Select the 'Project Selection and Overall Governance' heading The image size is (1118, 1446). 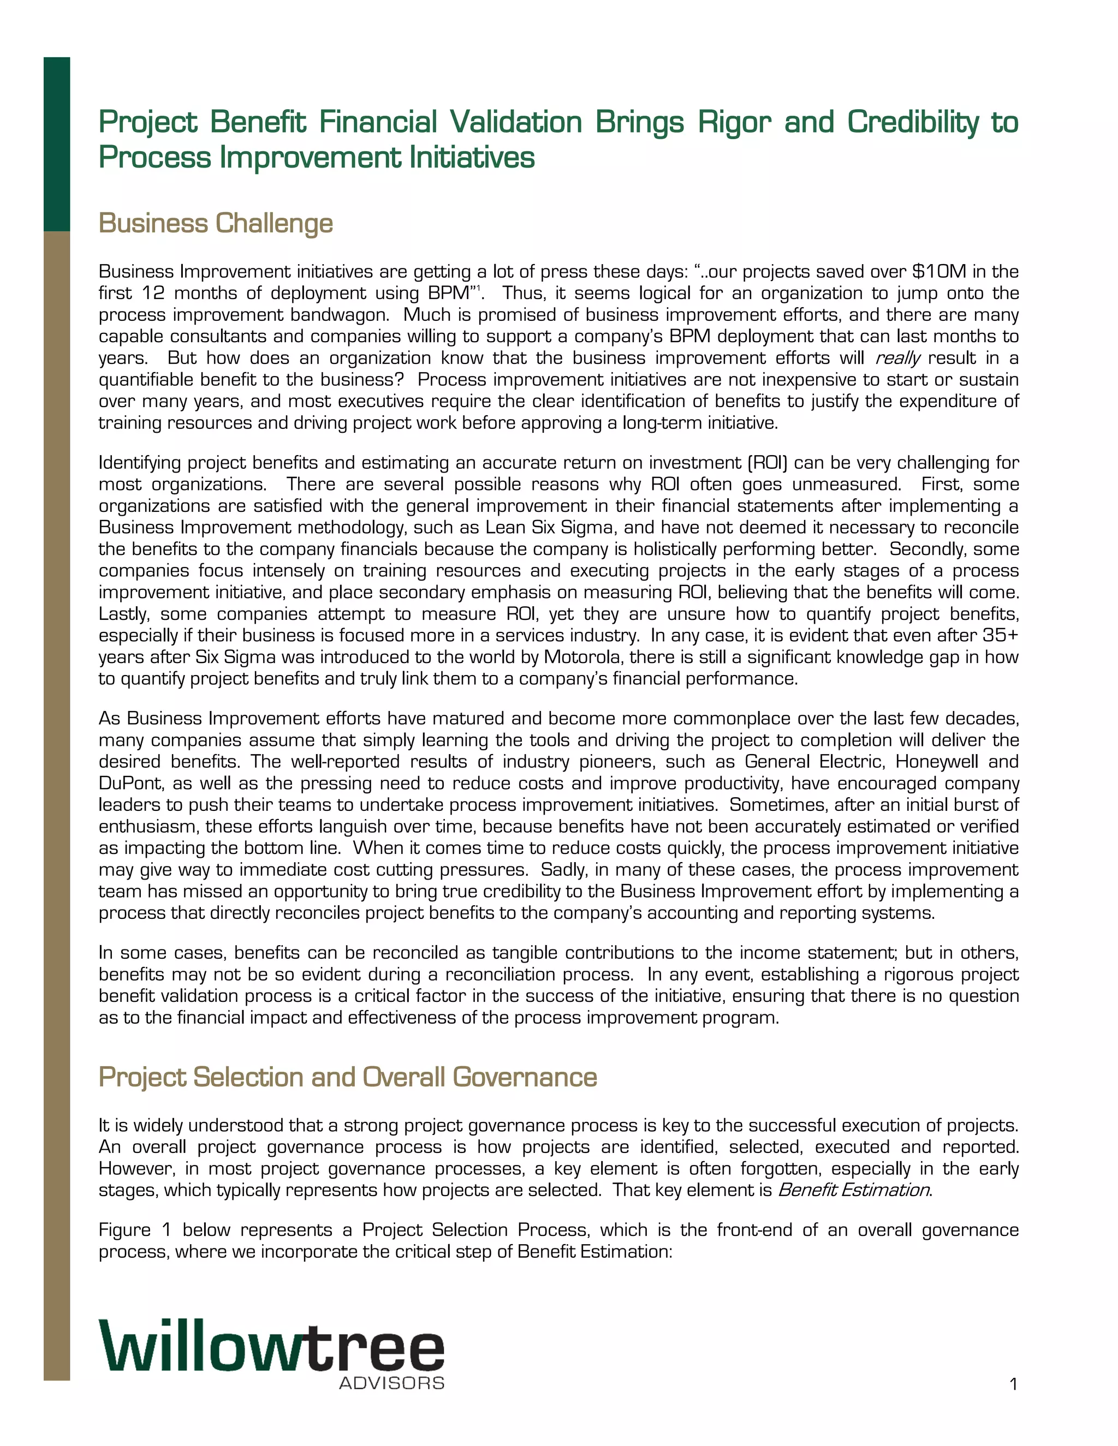coord(348,1077)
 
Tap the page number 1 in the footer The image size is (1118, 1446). coord(1013,1384)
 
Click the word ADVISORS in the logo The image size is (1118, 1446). coord(391,1383)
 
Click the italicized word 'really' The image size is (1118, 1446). coord(897,358)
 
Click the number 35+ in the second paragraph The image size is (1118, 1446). coord(1000,635)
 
